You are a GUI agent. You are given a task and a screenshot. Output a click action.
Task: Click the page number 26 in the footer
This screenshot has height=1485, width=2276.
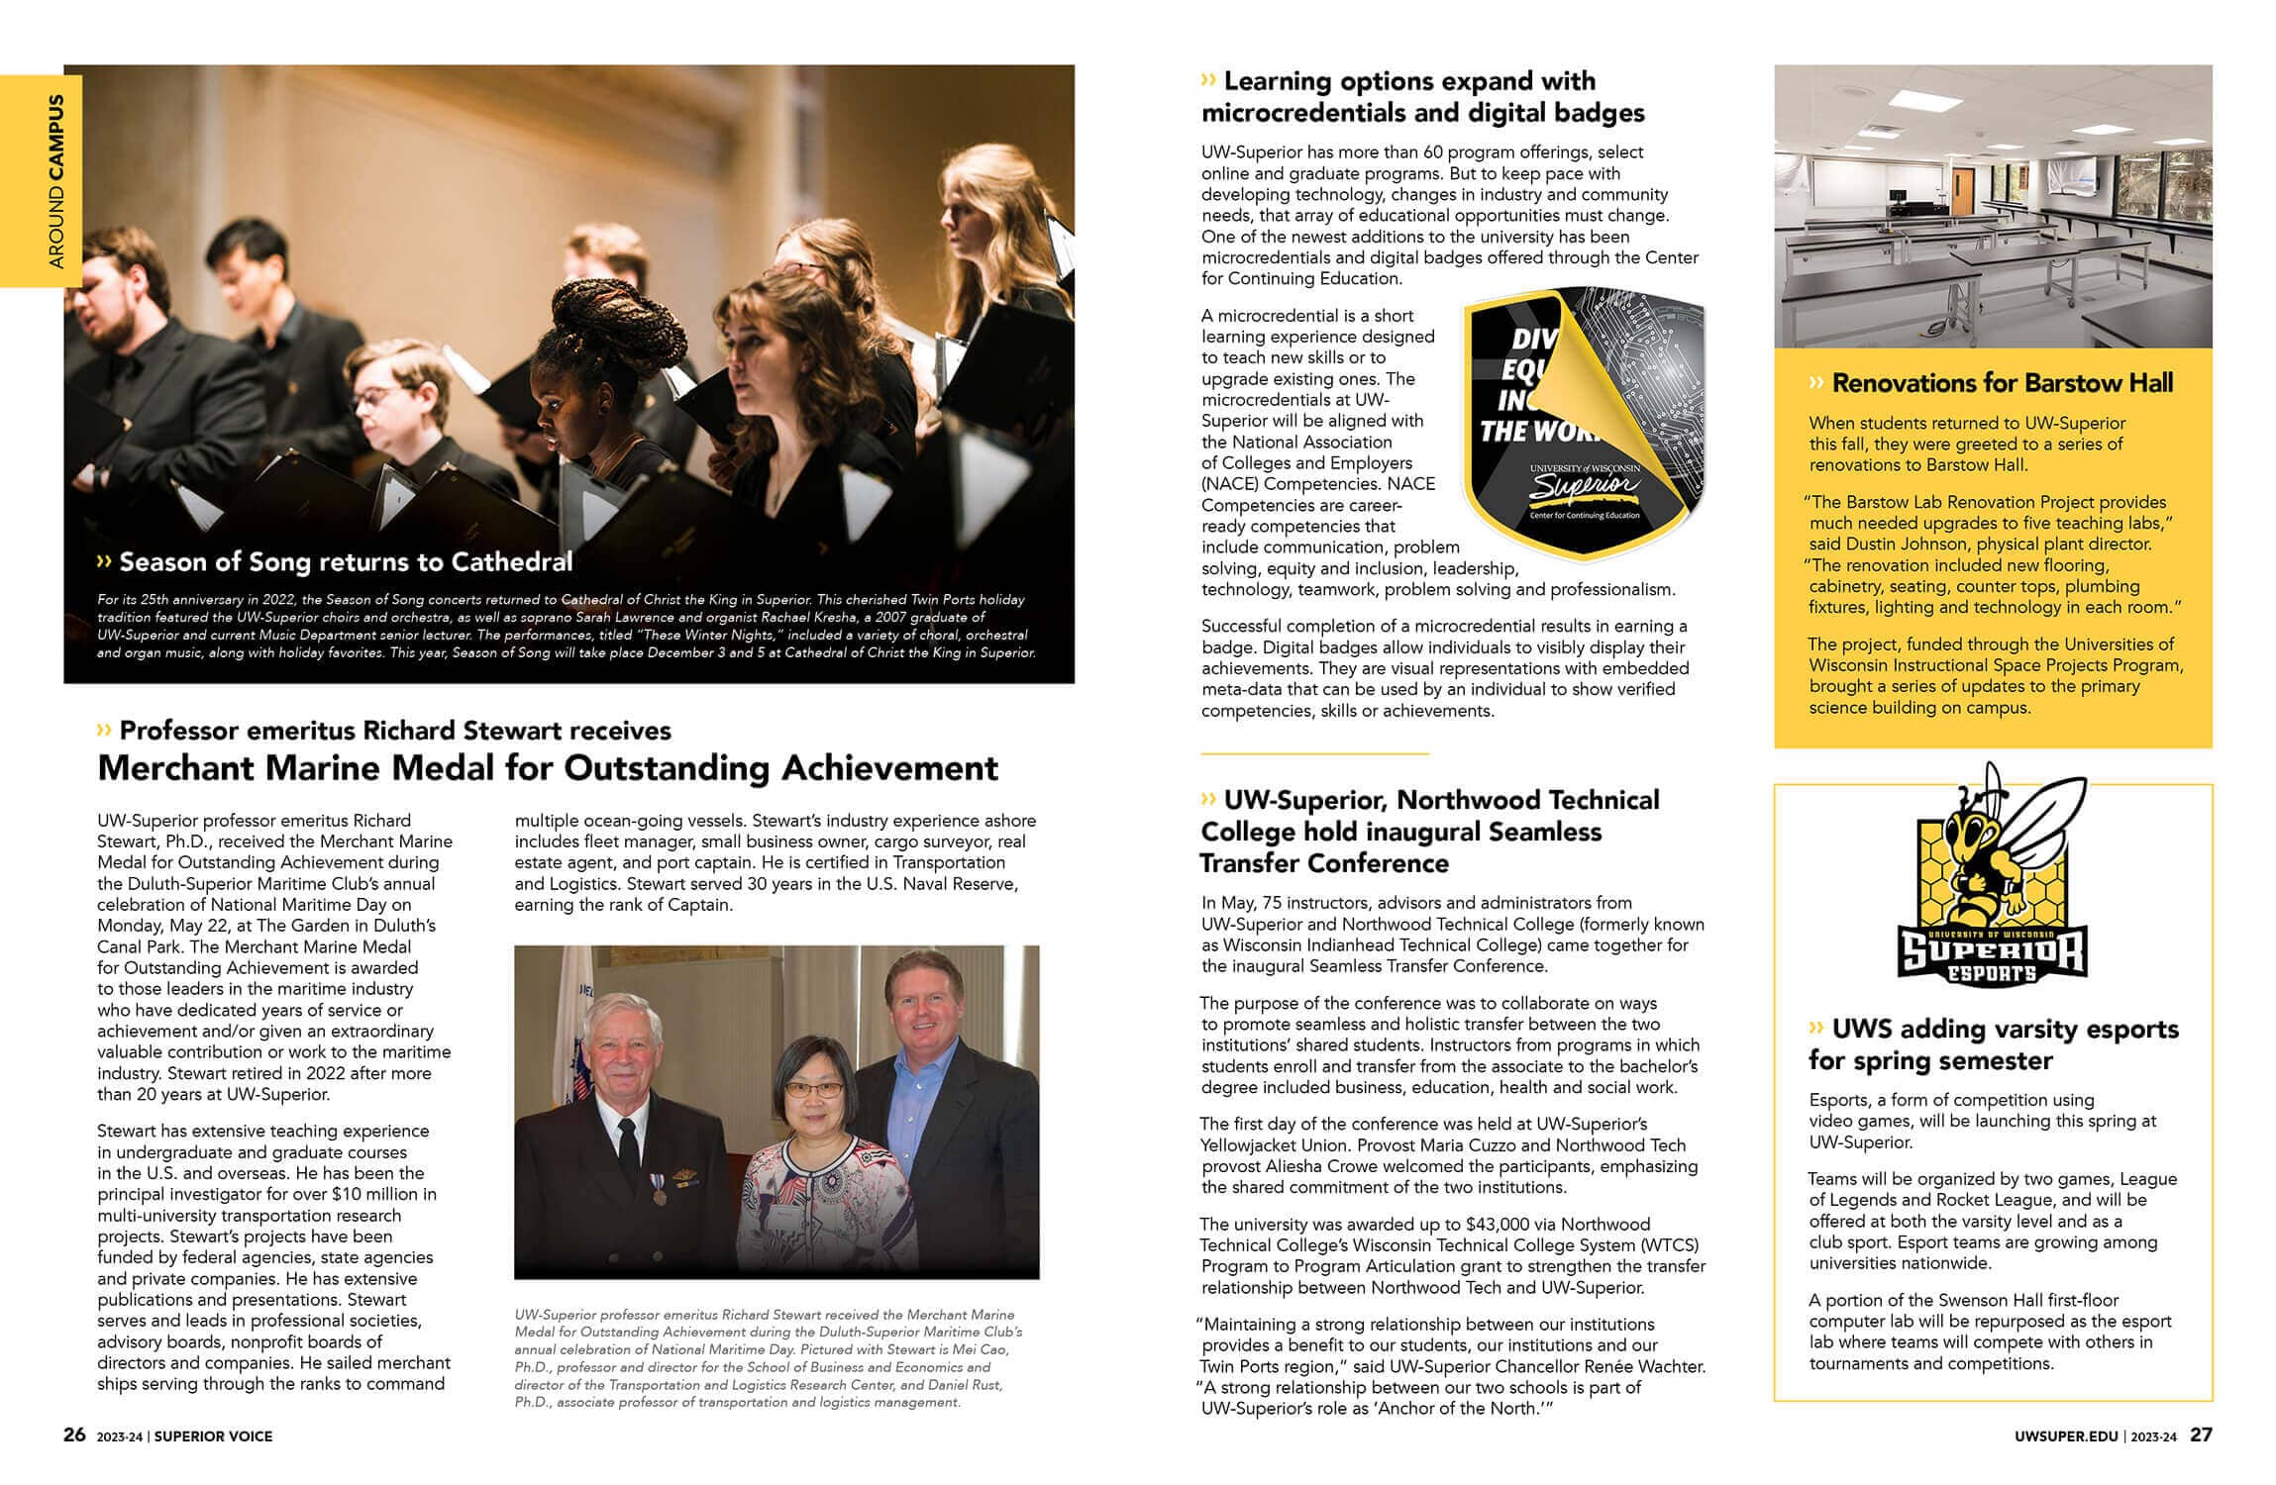tap(74, 1435)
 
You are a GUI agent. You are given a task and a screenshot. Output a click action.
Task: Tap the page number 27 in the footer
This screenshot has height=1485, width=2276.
tap(2201, 1435)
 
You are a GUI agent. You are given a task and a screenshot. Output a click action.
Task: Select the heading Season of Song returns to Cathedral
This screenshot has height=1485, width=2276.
tap(346, 562)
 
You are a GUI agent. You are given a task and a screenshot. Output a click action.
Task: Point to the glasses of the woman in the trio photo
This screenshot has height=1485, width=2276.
tap(812, 1089)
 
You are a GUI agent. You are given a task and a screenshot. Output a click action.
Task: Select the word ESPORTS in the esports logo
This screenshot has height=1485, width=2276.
tap(1992, 973)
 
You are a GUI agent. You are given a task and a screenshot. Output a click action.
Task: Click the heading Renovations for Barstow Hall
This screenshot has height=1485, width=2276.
tap(2002, 383)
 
